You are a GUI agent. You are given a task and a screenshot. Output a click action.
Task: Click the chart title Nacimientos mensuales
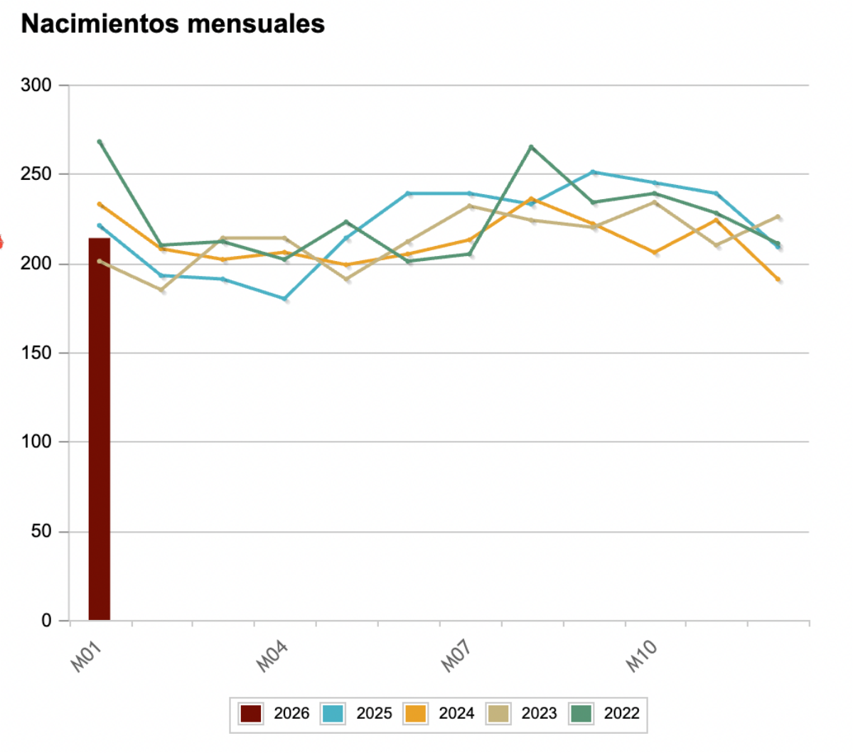click(173, 23)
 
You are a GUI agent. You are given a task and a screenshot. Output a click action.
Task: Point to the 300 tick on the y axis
click(36, 85)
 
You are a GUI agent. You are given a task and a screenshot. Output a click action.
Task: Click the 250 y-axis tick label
click(36, 174)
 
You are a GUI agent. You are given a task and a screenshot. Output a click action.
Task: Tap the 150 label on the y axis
click(36, 353)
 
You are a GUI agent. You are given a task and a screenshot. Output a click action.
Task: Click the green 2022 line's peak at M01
click(100, 141)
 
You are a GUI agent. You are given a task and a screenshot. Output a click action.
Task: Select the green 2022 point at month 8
click(531, 147)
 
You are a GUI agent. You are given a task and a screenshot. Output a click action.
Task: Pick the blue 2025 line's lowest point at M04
click(285, 299)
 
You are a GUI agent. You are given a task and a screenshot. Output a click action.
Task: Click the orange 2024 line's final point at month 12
click(778, 279)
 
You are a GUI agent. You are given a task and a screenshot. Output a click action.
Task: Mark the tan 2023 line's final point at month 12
click(778, 216)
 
